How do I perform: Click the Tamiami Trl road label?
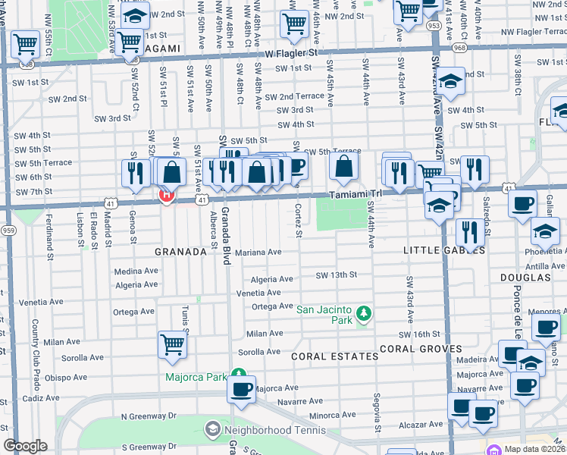(355, 195)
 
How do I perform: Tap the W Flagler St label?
(291, 54)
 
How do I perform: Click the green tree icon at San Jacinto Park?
(364, 312)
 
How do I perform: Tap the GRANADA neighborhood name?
(180, 251)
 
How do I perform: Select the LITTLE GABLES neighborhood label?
(438, 251)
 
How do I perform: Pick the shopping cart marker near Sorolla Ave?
(173, 344)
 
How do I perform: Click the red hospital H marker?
(166, 196)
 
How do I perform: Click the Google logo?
(25, 446)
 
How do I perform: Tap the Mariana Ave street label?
(258, 253)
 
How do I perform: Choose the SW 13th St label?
(336, 275)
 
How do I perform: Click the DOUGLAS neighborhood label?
(525, 278)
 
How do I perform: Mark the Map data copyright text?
(534, 449)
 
